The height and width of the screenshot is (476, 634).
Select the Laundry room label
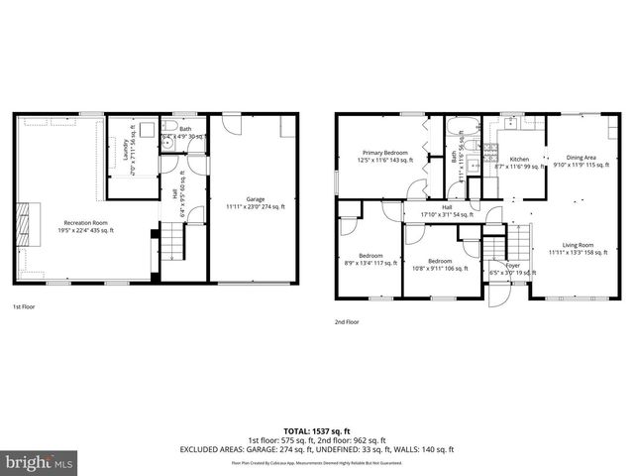click(124, 150)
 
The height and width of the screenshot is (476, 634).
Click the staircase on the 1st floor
click(172, 239)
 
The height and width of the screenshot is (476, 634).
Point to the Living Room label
click(577, 248)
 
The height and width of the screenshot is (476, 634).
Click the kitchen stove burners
click(488, 152)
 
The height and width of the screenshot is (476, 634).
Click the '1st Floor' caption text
click(25, 307)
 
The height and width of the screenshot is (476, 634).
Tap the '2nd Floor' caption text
click(348, 322)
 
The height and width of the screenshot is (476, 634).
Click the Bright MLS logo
click(39, 462)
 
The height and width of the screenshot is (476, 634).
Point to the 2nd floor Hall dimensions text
click(446, 213)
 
